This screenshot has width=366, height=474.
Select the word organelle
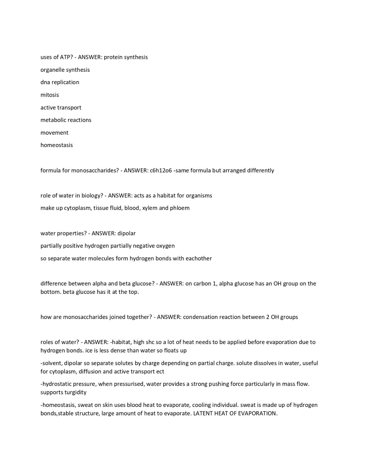click(52, 70)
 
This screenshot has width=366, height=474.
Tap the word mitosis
click(50, 95)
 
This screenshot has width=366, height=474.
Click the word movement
click(54, 133)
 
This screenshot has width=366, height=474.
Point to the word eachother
click(199, 258)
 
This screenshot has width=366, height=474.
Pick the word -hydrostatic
click(56, 384)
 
